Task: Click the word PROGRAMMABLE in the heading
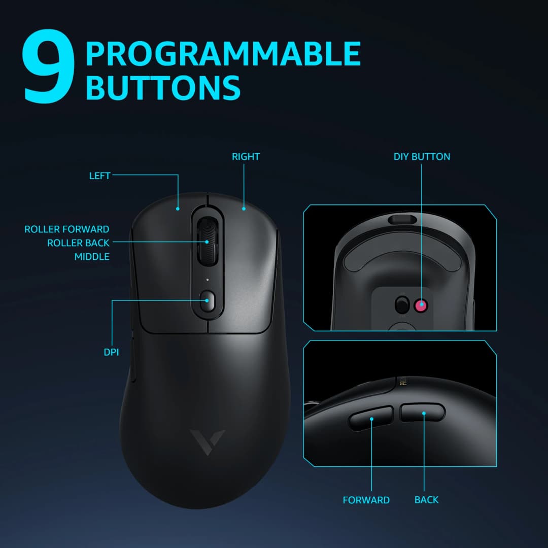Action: coord(223,54)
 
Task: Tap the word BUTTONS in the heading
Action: coord(162,87)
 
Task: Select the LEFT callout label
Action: coord(99,176)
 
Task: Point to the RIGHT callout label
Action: coord(246,157)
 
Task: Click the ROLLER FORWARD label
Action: coord(66,229)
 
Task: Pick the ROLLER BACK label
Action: coord(78,243)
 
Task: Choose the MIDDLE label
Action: coord(92,257)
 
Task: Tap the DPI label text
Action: coord(111,352)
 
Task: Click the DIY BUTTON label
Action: coord(422,157)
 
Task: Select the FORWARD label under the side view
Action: coord(366,500)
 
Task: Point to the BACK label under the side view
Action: coord(426,500)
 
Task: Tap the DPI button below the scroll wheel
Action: coord(208,301)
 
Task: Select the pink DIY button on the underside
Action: coord(420,305)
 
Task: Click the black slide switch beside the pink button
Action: coord(402,304)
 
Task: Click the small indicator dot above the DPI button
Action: coord(208,280)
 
